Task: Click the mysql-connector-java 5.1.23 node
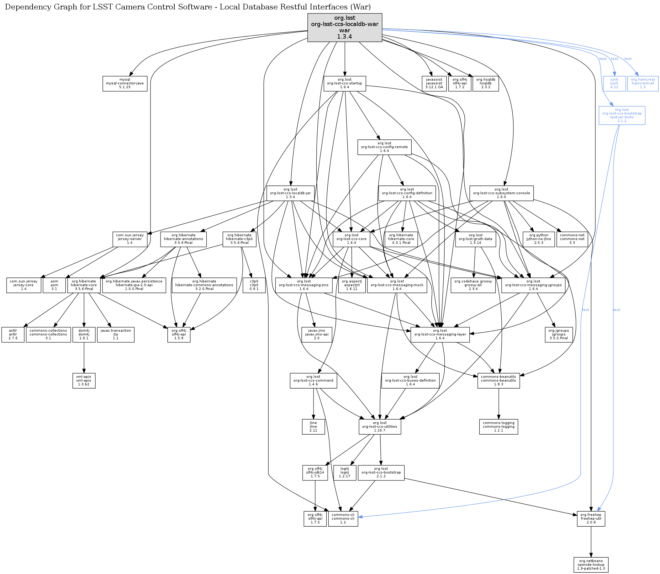(x=125, y=83)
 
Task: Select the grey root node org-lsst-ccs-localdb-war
(x=344, y=28)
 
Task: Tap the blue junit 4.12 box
(x=614, y=83)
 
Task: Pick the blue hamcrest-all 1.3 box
(x=642, y=83)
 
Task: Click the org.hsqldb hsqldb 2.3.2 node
(x=486, y=83)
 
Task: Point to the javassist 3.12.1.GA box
(x=434, y=83)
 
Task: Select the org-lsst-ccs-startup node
(x=344, y=83)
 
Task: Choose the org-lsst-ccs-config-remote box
(x=384, y=147)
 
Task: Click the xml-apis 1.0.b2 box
(x=84, y=381)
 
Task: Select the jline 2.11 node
(x=313, y=427)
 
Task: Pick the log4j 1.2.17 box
(x=344, y=472)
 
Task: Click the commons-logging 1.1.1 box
(x=498, y=427)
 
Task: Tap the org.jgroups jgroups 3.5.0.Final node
(x=558, y=335)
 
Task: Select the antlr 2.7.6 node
(x=13, y=335)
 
